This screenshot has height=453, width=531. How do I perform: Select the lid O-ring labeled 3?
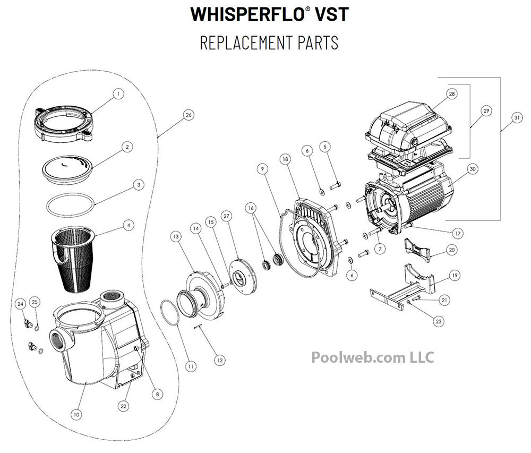[x=70, y=205]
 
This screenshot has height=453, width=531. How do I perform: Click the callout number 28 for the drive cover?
[x=451, y=94]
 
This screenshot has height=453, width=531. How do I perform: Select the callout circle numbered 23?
[x=439, y=321]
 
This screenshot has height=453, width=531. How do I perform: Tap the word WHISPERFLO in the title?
[x=247, y=14]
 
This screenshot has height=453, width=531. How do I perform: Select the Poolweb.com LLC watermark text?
[x=372, y=357]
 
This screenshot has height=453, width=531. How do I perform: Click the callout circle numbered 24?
[x=21, y=304]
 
